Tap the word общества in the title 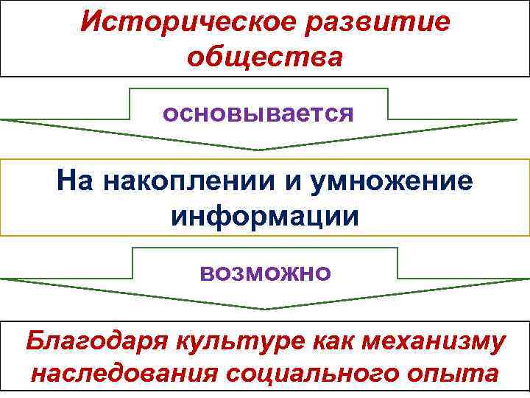click(265, 57)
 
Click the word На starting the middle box click(75, 181)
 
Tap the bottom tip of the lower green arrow click(265, 309)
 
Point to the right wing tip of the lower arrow click(527, 279)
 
